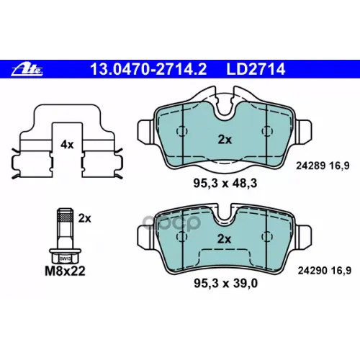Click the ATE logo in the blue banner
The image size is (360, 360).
[x=27, y=70]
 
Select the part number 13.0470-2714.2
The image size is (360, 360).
[x=148, y=69]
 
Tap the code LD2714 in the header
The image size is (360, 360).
[x=256, y=69]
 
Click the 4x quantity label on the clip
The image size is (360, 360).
[x=67, y=145]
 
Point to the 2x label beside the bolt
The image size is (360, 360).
[x=85, y=218]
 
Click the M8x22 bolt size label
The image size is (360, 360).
[x=65, y=271]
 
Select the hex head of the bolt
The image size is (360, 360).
[x=65, y=256]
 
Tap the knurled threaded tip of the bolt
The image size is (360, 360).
[x=65, y=215]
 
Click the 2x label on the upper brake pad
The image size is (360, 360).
[x=225, y=139]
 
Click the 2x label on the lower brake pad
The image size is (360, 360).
[x=224, y=239]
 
